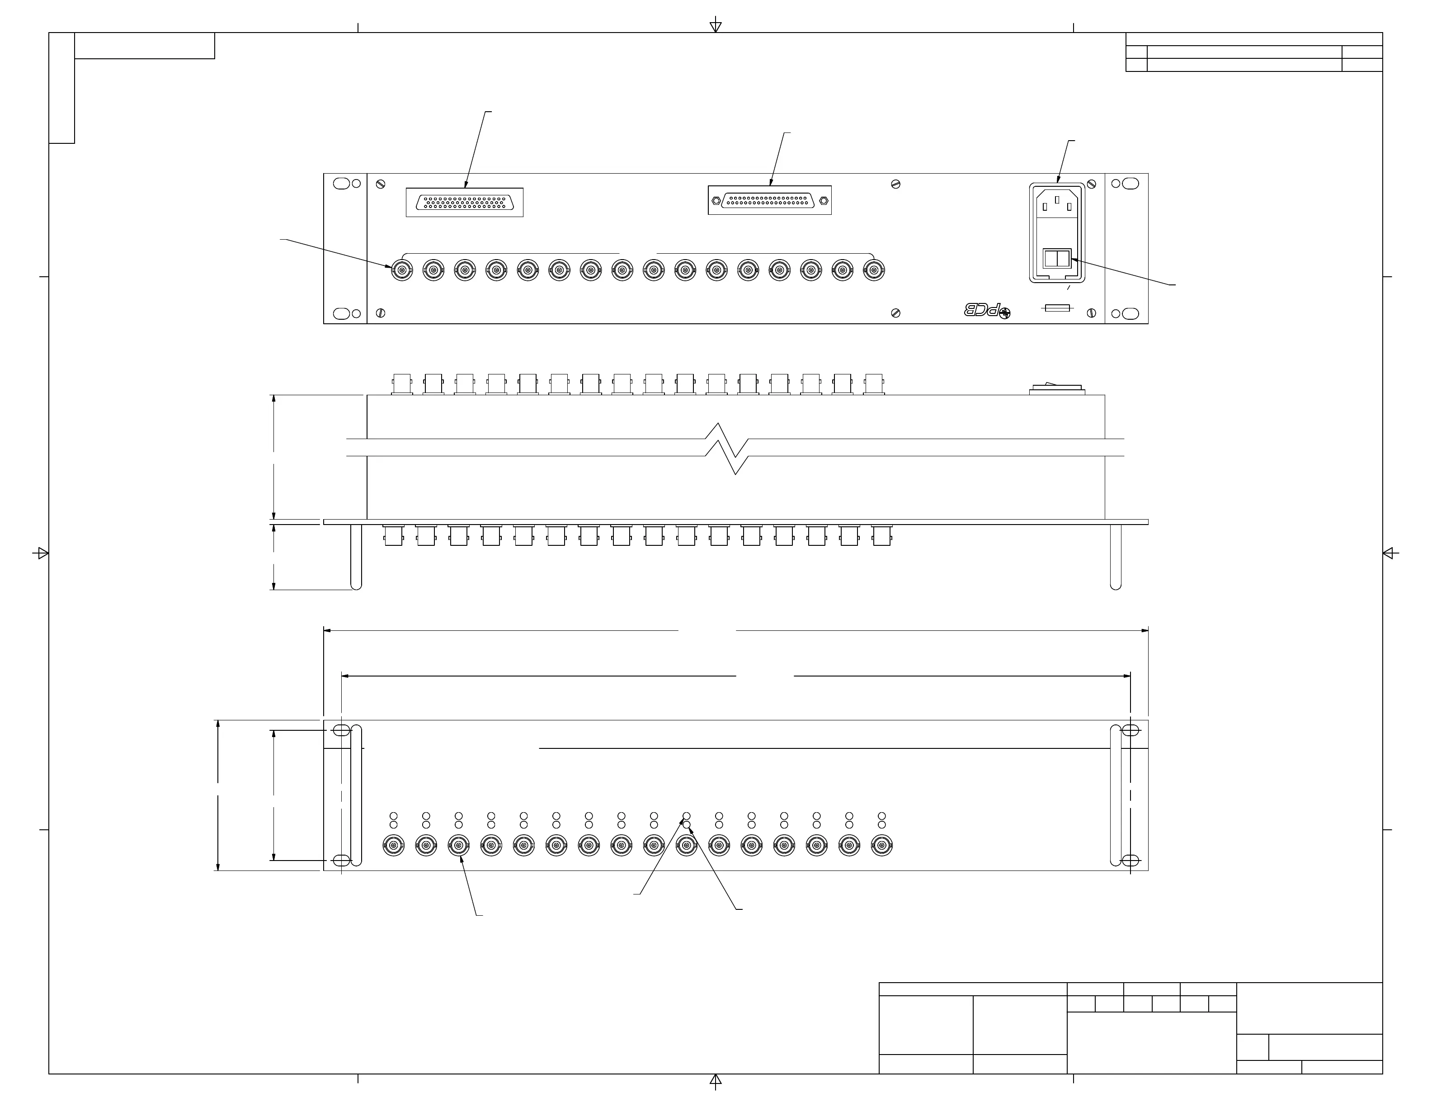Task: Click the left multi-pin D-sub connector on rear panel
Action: point(464,202)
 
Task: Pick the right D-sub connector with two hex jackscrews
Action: point(769,200)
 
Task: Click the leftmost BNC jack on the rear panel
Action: point(402,269)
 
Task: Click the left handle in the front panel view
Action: point(356,795)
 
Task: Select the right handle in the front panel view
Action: point(1115,795)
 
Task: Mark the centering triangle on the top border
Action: point(716,27)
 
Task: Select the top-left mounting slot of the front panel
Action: point(341,731)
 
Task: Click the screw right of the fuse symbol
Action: point(1091,313)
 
